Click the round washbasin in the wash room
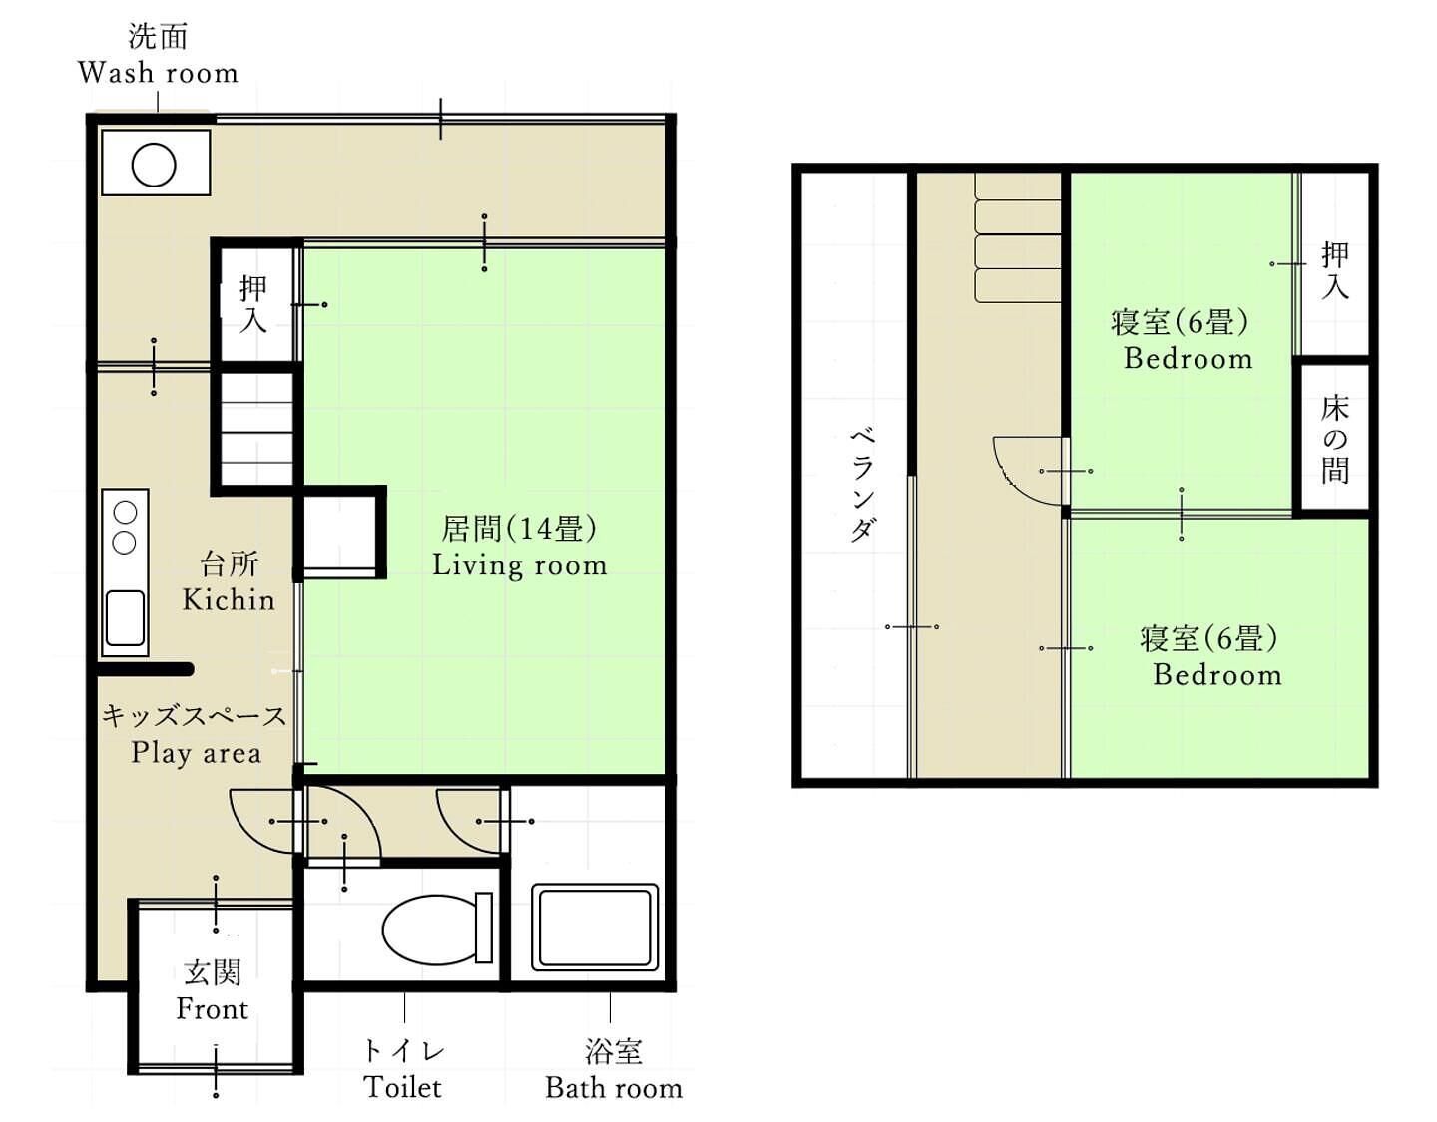(154, 165)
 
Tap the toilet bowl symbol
(438, 930)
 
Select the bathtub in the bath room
(595, 928)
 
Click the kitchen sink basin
(125, 617)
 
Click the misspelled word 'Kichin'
(229, 600)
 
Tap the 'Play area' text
(197, 754)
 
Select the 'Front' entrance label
(213, 1009)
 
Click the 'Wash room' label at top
(158, 73)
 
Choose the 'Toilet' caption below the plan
(403, 1087)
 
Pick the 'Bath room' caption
(614, 1088)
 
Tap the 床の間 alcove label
(1334, 439)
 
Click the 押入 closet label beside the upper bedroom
(1334, 270)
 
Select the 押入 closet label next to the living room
(253, 304)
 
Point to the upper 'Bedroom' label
(1189, 359)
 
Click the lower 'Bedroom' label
(1217, 674)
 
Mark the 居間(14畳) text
(519, 529)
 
